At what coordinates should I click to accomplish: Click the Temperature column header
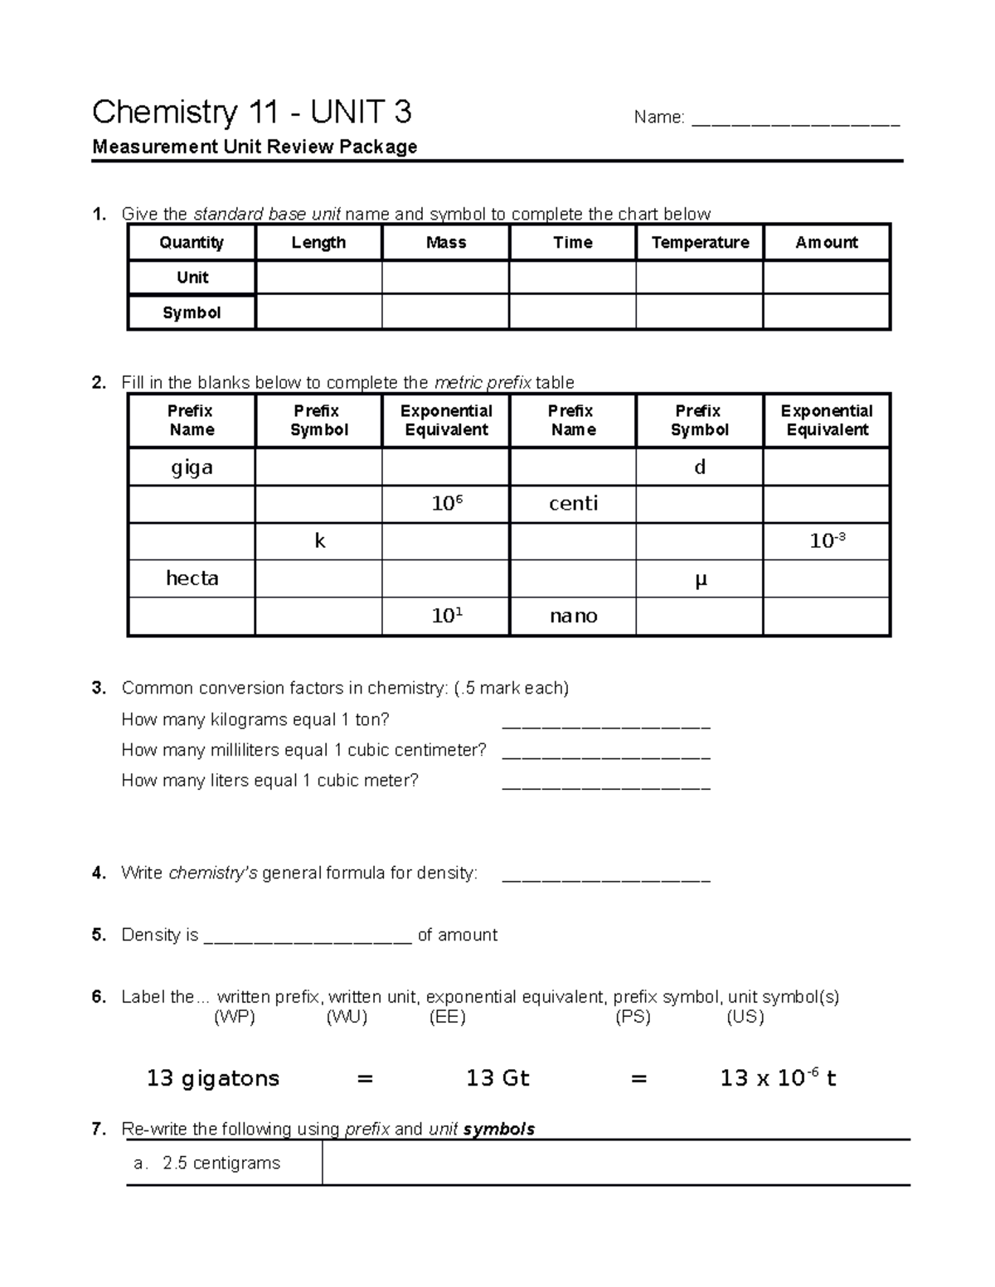[700, 243]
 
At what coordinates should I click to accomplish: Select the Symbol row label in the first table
[192, 312]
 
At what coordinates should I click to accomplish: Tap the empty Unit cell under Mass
[445, 278]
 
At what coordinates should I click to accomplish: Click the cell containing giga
[192, 467]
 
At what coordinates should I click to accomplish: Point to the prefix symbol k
[319, 541]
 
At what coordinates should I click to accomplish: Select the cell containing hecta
[192, 578]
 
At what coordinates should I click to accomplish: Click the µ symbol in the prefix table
[701, 579]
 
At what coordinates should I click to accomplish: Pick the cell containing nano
[573, 616]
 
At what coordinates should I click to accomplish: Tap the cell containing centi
[573, 504]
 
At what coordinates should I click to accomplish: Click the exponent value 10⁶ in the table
[446, 503]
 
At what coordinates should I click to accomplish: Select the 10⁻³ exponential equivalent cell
[827, 541]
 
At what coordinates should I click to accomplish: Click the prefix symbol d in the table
[700, 467]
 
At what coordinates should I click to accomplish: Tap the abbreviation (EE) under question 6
[447, 1017]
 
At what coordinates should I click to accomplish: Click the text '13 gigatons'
[213, 1078]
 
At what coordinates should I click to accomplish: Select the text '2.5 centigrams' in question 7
[221, 1163]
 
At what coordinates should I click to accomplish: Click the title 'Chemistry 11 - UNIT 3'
[252, 112]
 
